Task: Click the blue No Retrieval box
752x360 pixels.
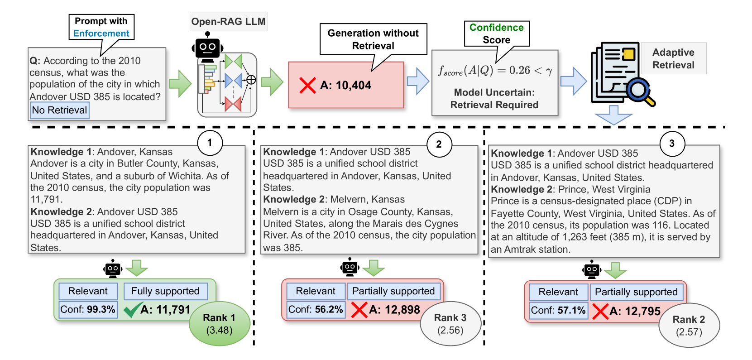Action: tap(60, 110)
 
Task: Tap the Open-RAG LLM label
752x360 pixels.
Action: tap(229, 21)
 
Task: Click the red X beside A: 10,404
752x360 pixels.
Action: tap(307, 85)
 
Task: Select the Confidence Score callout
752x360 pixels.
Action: tap(497, 34)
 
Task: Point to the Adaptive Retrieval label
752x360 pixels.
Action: tap(673, 58)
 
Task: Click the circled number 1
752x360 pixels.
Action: tap(210, 143)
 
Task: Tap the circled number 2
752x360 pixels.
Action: tap(439, 144)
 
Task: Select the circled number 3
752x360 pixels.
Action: tap(672, 144)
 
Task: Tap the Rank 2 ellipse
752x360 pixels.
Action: tap(689, 325)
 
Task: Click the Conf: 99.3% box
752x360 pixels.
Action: tap(88, 309)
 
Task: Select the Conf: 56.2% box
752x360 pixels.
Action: tap(316, 309)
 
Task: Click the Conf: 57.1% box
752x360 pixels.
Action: tap(559, 310)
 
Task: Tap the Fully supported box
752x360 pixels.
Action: tap(166, 291)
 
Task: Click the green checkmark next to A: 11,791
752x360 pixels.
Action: tap(132, 310)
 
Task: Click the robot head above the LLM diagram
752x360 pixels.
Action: tap(207, 48)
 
